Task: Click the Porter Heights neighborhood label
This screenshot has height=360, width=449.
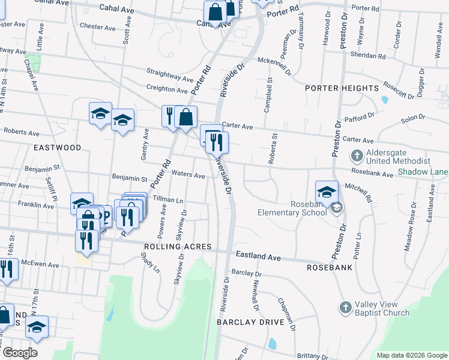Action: [x=341, y=88]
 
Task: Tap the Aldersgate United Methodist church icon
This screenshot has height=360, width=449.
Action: [x=357, y=156]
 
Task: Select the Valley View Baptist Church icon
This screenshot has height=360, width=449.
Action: [x=345, y=307]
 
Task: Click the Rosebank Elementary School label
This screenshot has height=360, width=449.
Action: [x=292, y=208]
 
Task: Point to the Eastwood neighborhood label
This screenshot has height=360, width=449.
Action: [x=58, y=147]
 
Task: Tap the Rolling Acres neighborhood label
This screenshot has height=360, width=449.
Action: [x=177, y=247]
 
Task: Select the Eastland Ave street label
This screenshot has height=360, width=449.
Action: [x=258, y=256]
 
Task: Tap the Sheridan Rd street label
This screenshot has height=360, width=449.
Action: [x=369, y=55]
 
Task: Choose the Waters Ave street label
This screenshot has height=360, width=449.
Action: [x=188, y=175]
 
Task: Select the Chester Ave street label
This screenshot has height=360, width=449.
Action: [x=97, y=27]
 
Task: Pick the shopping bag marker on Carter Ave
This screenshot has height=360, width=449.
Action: [x=186, y=116]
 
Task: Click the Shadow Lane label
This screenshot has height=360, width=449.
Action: [x=423, y=172]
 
